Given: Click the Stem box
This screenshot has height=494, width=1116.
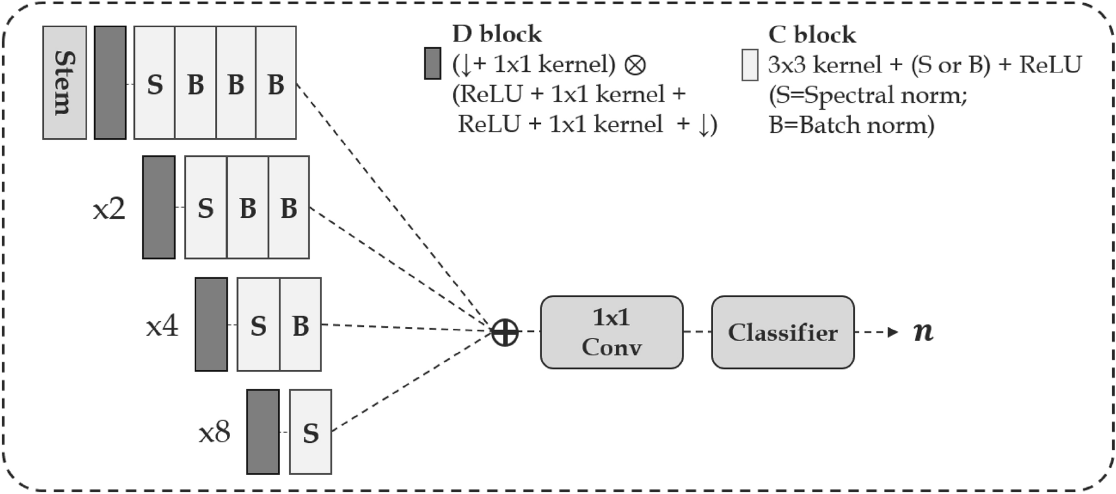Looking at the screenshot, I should [64, 83].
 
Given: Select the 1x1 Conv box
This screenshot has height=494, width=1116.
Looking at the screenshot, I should [611, 332].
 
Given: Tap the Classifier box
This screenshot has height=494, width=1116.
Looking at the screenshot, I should [782, 332].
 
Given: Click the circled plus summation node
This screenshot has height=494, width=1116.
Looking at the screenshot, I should [504, 332].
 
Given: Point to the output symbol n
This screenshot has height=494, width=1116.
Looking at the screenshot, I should [923, 331].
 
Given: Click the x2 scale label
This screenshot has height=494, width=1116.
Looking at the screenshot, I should [109, 209].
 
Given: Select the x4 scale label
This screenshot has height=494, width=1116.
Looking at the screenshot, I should [162, 326].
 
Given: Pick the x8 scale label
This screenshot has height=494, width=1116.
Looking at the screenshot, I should [214, 433].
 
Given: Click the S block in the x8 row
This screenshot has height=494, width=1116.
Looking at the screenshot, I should [310, 432].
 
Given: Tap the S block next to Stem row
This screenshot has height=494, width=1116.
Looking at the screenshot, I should [154, 83].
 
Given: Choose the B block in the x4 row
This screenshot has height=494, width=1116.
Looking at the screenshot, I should [300, 325].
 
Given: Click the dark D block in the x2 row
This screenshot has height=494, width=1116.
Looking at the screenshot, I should [158, 207].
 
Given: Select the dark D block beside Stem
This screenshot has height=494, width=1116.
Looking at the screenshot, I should [110, 83].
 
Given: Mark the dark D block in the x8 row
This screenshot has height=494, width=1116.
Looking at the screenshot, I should [262, 432].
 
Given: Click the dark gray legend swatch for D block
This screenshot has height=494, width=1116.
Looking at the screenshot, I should [433, 64].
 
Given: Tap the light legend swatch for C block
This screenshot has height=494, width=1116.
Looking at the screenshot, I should [750, 65].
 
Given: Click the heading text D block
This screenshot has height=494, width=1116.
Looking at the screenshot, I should [497, 33].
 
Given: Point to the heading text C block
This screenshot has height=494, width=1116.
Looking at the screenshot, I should [811, 34].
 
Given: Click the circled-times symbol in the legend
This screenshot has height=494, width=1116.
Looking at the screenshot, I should [635, 64].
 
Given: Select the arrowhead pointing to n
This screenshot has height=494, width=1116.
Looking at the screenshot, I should [892, 332].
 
